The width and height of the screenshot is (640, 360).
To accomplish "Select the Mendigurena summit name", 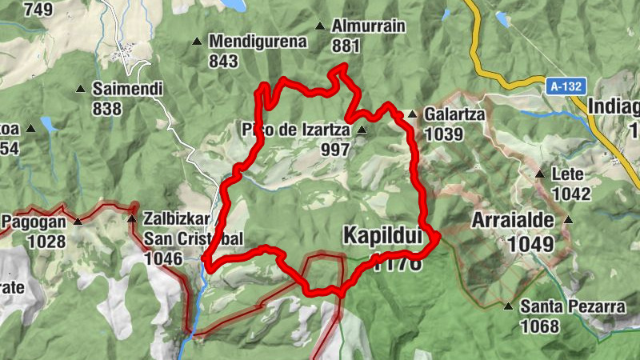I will tap(258, 42).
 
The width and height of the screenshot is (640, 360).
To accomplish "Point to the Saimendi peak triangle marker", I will tap(81, 89).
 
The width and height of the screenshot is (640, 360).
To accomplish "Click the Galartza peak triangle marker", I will tap(412, 114).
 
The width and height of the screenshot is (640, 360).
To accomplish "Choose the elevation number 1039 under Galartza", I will tap(444, 134).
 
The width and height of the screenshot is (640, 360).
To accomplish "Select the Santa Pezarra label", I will tap(560, 306).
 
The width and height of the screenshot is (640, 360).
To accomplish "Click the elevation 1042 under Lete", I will tap(570, 194).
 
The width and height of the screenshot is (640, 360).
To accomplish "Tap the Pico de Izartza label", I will tap(296, 129).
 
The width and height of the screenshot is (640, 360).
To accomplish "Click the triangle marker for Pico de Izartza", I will tap(362, 130).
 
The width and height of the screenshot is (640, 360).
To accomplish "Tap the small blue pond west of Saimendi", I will tap(49, 124).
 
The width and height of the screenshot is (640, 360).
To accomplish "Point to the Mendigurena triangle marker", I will tap(197, 41).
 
